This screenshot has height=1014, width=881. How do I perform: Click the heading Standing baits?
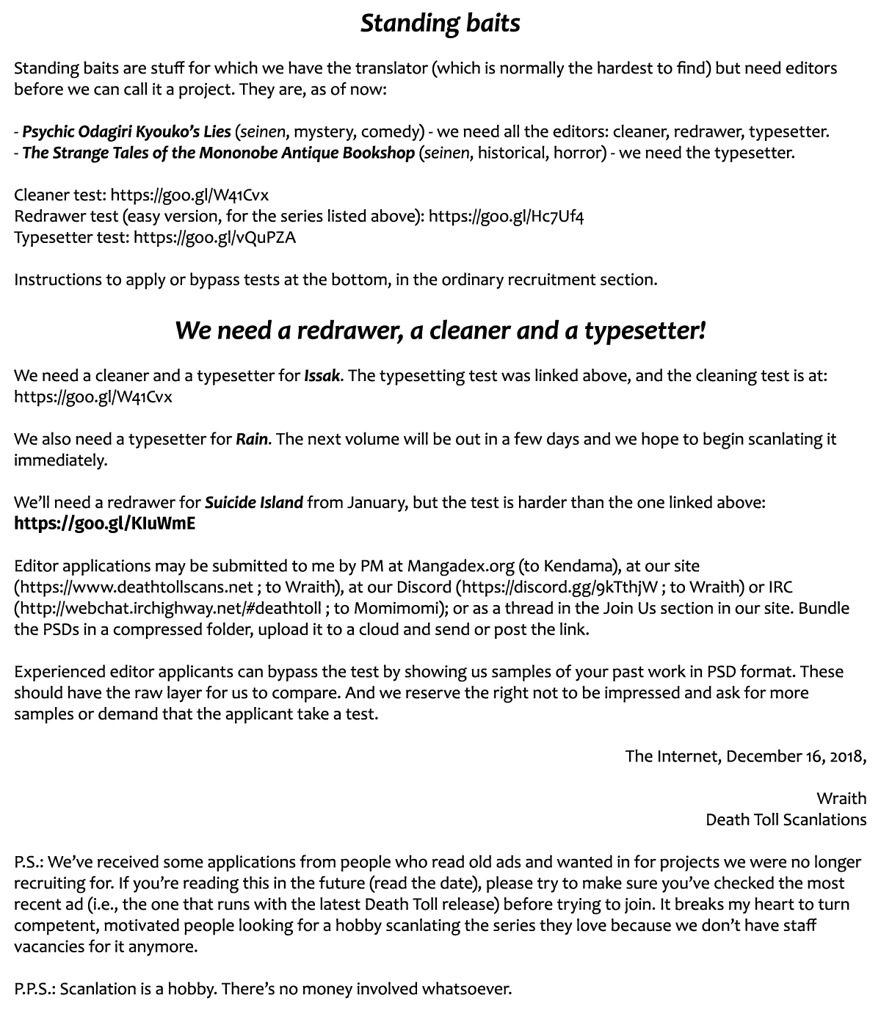[440, 23]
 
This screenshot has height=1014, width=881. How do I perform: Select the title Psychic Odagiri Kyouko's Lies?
[126, 132]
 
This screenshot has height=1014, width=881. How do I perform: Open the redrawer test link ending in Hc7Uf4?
[506, 217]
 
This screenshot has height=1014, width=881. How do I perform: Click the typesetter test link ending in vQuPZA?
[214, 238]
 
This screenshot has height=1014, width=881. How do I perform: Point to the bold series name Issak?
[322, 376]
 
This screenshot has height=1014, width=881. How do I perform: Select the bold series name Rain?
[252, 440]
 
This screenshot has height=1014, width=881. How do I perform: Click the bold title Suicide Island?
[253, 503]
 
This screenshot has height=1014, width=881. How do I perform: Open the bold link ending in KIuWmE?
[104, 524]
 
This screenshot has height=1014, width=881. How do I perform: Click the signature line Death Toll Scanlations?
[786, 820]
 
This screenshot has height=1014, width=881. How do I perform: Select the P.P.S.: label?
[35, 989]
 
